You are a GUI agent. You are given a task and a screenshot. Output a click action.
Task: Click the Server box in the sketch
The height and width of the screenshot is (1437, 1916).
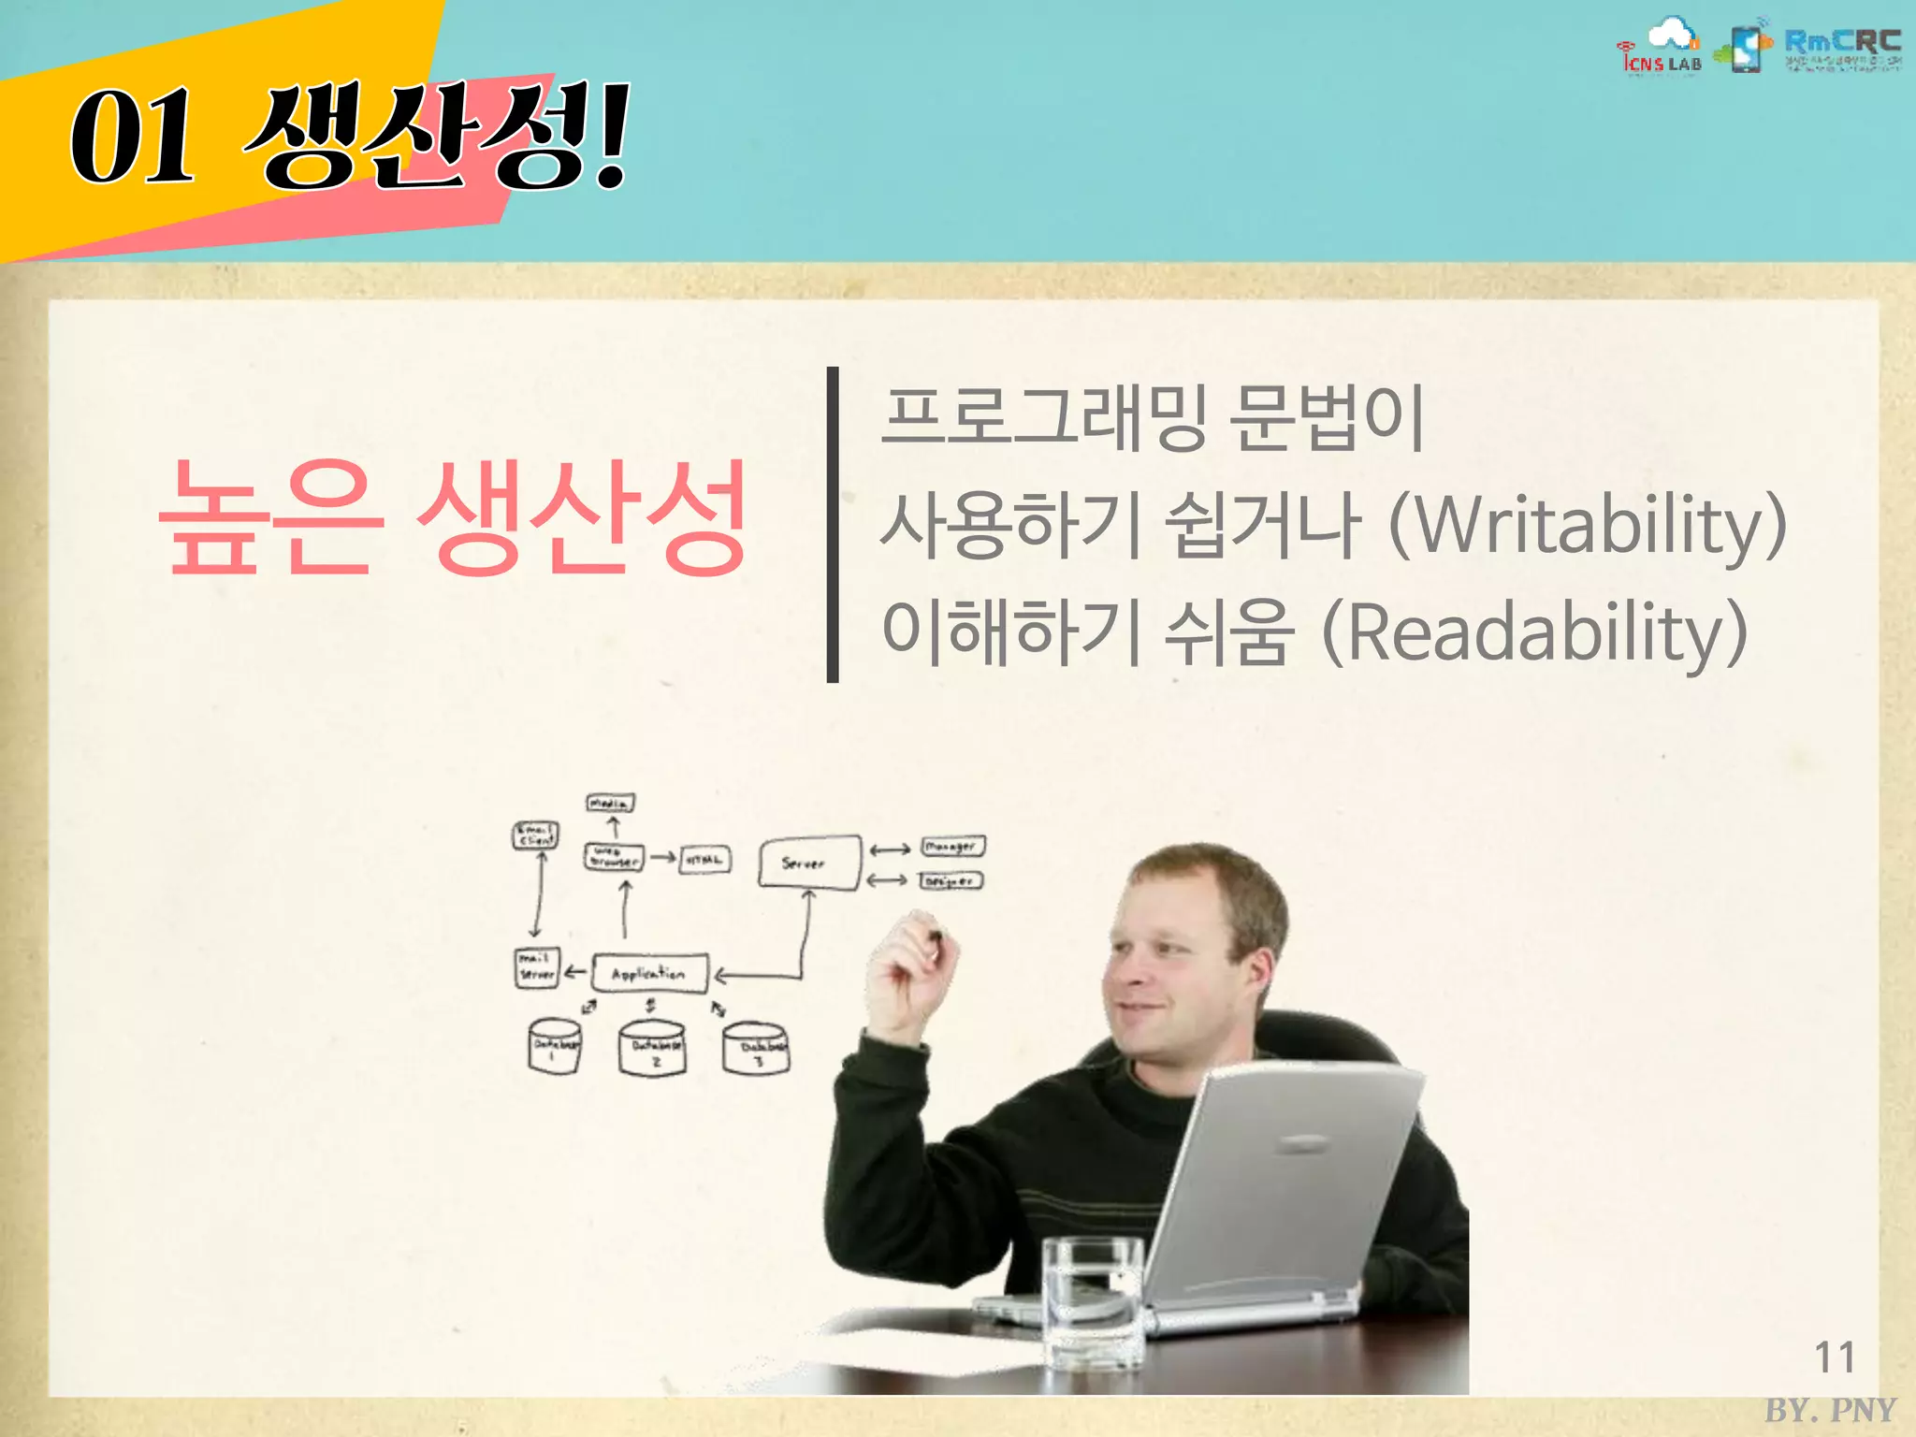pyautogui.click(x=808, y=863)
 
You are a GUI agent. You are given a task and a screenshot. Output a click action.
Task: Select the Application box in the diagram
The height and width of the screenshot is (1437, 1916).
pyautogui.click(x=649, y=974)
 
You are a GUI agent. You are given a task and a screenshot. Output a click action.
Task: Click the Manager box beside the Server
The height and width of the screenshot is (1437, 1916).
pyautogui.click(x=951, y=847)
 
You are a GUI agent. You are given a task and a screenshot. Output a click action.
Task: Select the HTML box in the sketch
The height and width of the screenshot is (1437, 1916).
pyautogui.click(x=705, y=859)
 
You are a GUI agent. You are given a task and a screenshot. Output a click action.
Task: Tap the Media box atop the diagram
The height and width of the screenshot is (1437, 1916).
pyautogui.click(x=610, y=804)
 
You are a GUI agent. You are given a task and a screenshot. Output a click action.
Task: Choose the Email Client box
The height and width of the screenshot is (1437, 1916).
pyautogui.click(x=536, y=835)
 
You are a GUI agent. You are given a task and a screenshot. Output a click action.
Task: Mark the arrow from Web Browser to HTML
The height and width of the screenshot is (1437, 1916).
pyautogui.click(x=663, y=857)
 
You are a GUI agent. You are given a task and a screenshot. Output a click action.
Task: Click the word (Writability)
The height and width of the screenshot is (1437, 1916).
pyautogui.click(x=1587, y=527)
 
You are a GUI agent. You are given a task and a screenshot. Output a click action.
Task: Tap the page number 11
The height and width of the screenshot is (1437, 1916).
pyautogui.click(x=1834, y=1357)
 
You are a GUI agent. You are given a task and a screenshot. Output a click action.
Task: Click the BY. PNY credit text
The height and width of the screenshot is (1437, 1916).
pyautogui.click(x=1830, y=1410)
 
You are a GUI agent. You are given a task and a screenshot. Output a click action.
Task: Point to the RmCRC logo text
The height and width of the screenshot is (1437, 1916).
pyautogui.click(x=1842, y=42)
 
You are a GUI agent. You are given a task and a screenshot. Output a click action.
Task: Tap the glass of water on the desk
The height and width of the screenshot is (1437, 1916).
pyautogui.click(x=1093, y=1300)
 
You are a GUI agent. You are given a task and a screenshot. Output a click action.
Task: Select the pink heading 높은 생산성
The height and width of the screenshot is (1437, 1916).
pyautogui.click(x=453, y=516)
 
